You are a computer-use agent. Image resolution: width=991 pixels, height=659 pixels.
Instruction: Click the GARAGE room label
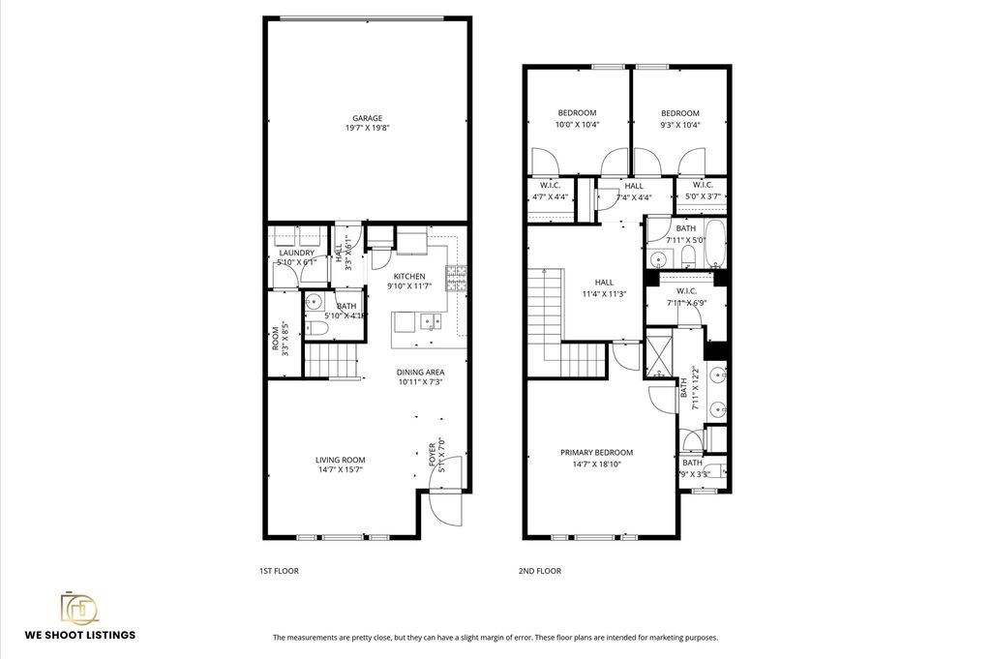click(x=368, y=118)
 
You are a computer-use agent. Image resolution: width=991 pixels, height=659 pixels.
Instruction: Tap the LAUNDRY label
click(x=295, y=253)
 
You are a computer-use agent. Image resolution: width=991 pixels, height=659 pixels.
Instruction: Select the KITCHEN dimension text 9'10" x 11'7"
click(x=407, y=286)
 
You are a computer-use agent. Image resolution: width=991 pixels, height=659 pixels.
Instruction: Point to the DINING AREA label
click(x=420, y=372)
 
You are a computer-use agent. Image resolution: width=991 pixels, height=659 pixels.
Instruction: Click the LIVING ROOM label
click(x=340, y=461)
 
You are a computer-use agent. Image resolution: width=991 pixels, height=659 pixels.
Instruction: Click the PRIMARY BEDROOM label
click(x=596, y=453)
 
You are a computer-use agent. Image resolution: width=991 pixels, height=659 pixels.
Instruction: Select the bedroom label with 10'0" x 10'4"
click(x=577, y=113)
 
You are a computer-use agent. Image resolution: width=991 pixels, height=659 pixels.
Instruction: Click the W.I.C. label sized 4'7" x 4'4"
click(x=551, y=185)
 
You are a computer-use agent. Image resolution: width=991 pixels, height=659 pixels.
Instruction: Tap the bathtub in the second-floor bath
click(x=715, y=245)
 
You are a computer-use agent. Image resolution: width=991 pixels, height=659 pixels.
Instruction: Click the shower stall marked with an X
click(x=658, y=357)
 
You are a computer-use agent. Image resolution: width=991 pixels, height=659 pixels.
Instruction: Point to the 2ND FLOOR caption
click(x=539, y=571)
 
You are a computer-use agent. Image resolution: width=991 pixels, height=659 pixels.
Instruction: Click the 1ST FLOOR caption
click(x=279, y=571)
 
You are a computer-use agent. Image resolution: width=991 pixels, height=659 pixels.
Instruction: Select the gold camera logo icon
click(x=79, y=607)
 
